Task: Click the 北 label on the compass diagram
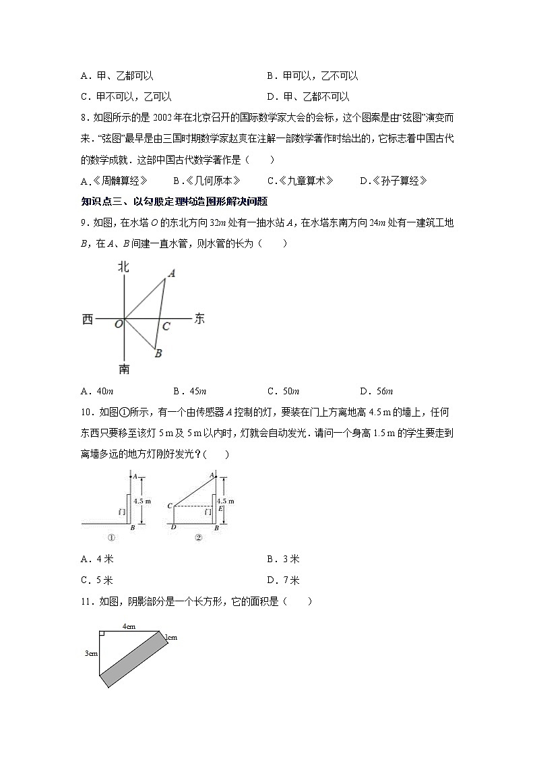(124, 267)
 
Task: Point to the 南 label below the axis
(124, 369)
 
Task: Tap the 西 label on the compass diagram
(88, 320)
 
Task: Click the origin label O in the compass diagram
(118, 324)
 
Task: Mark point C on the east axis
(166, 326)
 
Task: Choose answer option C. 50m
(283, 391)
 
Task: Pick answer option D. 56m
(376, 391)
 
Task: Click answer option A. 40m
(96, 391)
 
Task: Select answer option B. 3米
(283, 559)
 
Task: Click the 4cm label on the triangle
(129, 626)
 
